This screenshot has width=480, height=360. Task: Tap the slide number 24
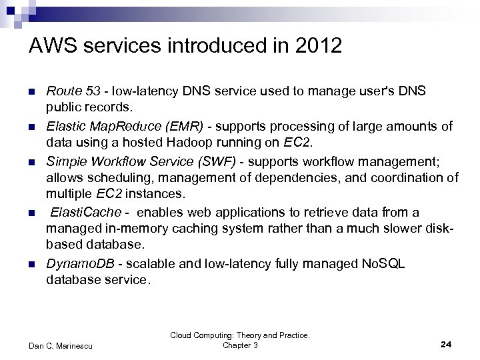pos(447,344)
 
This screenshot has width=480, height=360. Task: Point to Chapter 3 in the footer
pos(240,345)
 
